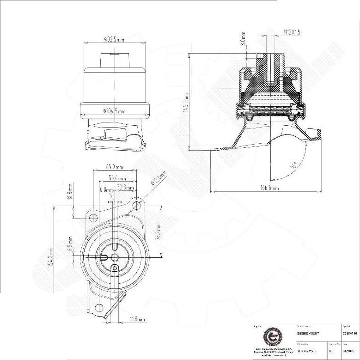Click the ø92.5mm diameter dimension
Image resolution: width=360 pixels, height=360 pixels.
(x=114, y=40)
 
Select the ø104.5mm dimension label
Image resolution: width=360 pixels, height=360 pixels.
(x=114, y=111)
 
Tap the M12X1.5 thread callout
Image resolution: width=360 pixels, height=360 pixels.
(x=292, y=32)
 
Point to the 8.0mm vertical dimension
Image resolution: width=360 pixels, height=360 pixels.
(x=243, y=39)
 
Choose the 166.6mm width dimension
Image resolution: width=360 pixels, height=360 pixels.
(x=269, y=188)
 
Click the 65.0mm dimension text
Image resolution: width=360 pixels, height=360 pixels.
(x=114, y=166)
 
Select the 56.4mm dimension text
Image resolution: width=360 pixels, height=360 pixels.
(x=117, y=178)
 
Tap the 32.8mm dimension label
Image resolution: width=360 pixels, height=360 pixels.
(x=125, y=188)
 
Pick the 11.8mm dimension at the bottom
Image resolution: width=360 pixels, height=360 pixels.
(x=137, y=319)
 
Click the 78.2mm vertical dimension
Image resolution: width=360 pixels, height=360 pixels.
(x=158, y=231)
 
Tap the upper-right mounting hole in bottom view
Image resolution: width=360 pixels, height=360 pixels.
(x=137, y=205)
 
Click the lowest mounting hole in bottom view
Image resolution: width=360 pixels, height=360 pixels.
(x=98, y=307)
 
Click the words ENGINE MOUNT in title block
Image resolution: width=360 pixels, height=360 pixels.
(x=308, y=333)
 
